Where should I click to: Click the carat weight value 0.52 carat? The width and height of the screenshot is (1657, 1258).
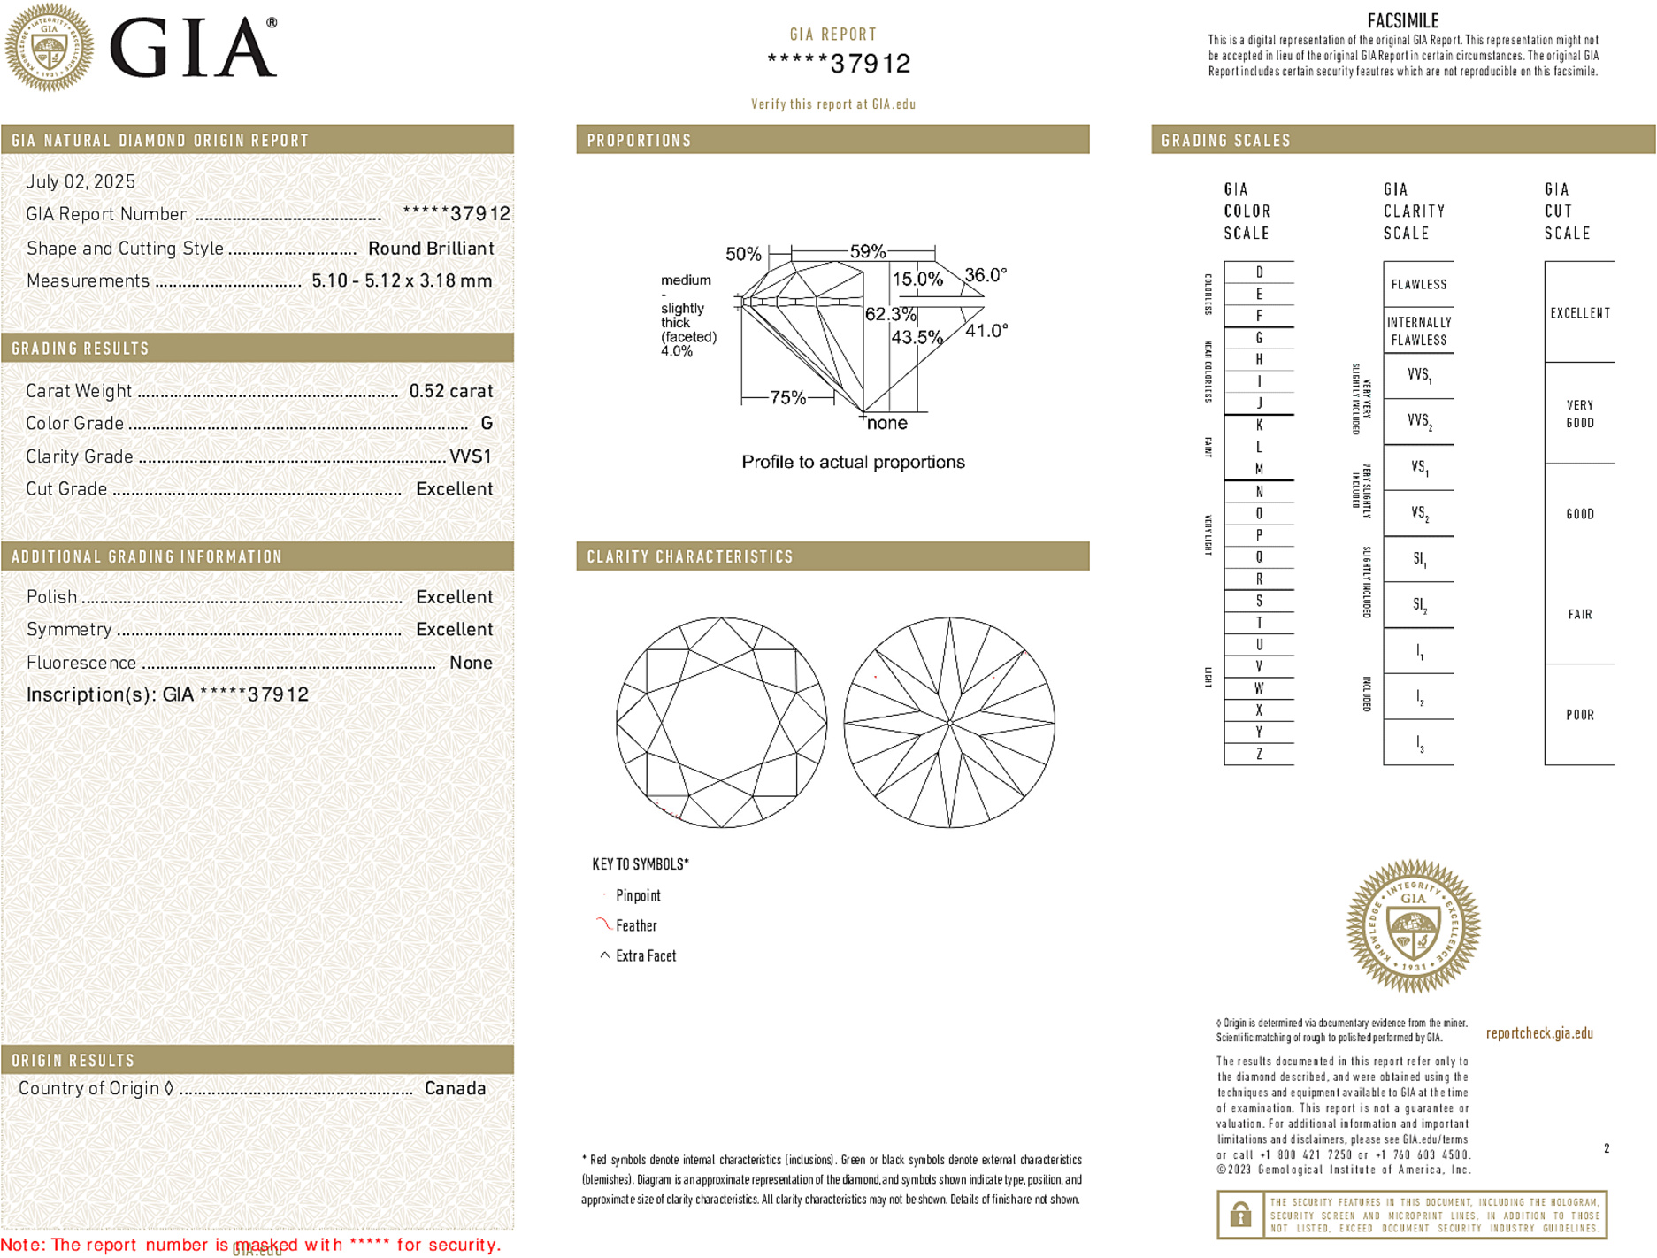click(x=450, y=391)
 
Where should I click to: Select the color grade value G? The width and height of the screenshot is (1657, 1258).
click(x=487, y=424)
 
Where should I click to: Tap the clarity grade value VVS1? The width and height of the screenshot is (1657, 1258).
click(x=470, y=456)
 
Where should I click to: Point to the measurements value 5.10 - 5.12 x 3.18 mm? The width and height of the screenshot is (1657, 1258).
click(x=402, y=281)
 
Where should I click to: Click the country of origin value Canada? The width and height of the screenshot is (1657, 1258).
click(x=455, y=1088)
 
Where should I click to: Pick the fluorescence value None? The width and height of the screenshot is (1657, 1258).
click(x=471, y=663)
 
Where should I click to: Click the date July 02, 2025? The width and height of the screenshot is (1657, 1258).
click(x=81, y=182)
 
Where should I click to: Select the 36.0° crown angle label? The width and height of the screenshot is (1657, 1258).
click(x=985, y=275)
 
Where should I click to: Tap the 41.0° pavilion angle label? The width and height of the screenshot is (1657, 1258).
click(x=986, y=331)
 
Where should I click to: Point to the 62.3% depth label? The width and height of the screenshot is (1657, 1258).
click(x=890, y=314)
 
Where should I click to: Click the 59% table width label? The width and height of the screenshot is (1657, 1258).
click(x=867, y=251)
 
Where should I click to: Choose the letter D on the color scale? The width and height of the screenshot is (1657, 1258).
click(x=1259, y=272)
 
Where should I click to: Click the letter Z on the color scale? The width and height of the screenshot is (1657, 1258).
click(x=1259, y=754)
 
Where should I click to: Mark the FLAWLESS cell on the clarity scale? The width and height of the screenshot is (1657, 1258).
click(x=1418, y=285)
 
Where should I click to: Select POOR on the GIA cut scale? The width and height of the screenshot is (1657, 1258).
click(x=1579, y=715)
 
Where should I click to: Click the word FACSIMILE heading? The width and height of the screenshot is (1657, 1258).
click(x=1402, y=20)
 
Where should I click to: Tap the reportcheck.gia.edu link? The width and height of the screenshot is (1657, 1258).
click(x=1538, y=1033)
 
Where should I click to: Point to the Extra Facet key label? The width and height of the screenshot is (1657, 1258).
click(x=645, y=956)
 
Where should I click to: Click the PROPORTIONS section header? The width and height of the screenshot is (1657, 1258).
click(x=639, y=141)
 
